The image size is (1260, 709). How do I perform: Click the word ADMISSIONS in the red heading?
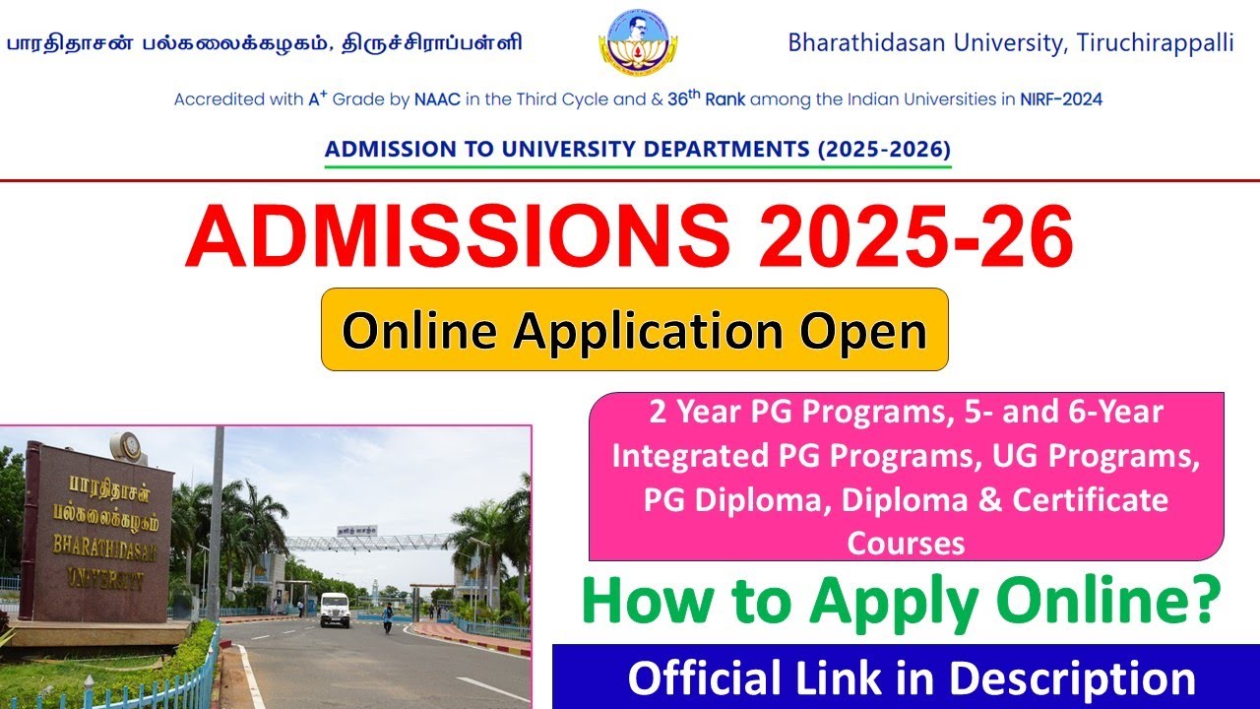point(458,239)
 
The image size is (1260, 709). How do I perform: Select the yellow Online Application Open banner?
point(634,330)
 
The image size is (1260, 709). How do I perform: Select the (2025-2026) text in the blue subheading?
point(878,151)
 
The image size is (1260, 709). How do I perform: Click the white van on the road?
point(334,610)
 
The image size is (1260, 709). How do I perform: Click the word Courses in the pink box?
point(906,542)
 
